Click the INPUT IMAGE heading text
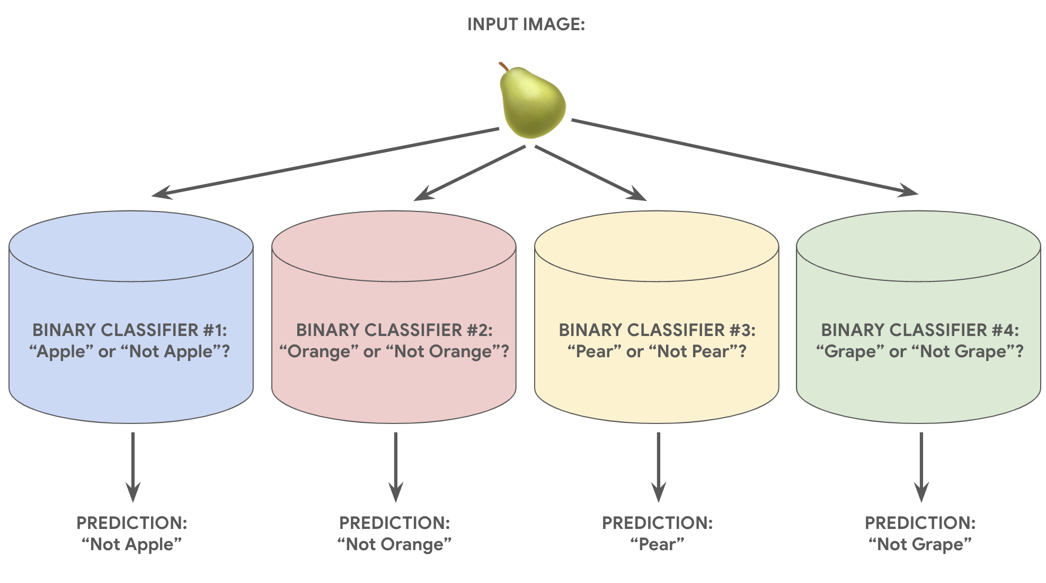[526, 24]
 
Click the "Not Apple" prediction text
[131, 544]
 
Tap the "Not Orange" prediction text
[394, 544]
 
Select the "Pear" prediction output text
[657, 544]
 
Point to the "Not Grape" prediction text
[920, 544]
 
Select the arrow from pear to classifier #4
[742, 156]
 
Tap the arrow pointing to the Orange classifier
[469, 173]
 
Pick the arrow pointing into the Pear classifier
[591, 173]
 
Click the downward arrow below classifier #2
[395, 466]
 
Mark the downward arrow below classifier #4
[921, 466]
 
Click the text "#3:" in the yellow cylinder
[742, 330]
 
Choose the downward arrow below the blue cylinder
[132, 466]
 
